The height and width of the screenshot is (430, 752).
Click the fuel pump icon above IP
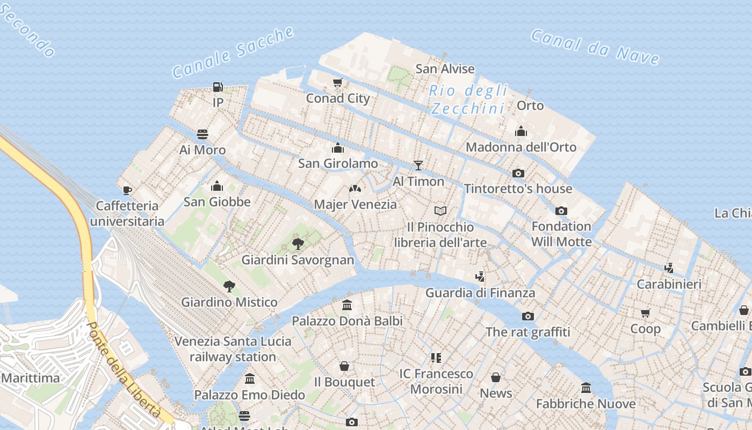pos(218,87)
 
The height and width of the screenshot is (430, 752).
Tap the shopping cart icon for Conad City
pos(337,83)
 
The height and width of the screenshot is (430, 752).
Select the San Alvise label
pos(445,69)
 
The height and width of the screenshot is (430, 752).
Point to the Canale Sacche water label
pos(233,52)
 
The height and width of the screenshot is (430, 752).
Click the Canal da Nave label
pos(595,47)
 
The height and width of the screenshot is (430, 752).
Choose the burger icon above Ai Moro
pos(203,134)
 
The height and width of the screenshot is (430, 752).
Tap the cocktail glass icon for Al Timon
pos(418,166)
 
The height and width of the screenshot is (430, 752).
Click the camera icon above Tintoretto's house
pos(518,173)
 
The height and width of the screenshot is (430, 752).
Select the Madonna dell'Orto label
pos(520,147)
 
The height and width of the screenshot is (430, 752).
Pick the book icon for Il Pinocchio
pos(440,211)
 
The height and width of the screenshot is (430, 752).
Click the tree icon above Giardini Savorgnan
pos(298,244)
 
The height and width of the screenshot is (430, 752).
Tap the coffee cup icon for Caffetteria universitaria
pos(127,190)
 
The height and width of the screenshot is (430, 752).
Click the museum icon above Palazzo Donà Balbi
pos(347,305)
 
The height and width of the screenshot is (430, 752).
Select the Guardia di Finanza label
pos(480,293)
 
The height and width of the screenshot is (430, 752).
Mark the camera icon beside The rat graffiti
pos(528,316)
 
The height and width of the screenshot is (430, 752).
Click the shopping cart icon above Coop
pos(645,313)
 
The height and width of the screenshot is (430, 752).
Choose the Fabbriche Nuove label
pos(585,404)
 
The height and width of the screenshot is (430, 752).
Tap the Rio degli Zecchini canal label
pos(468,99)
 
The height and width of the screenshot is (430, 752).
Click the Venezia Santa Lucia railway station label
pos(233,349)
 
